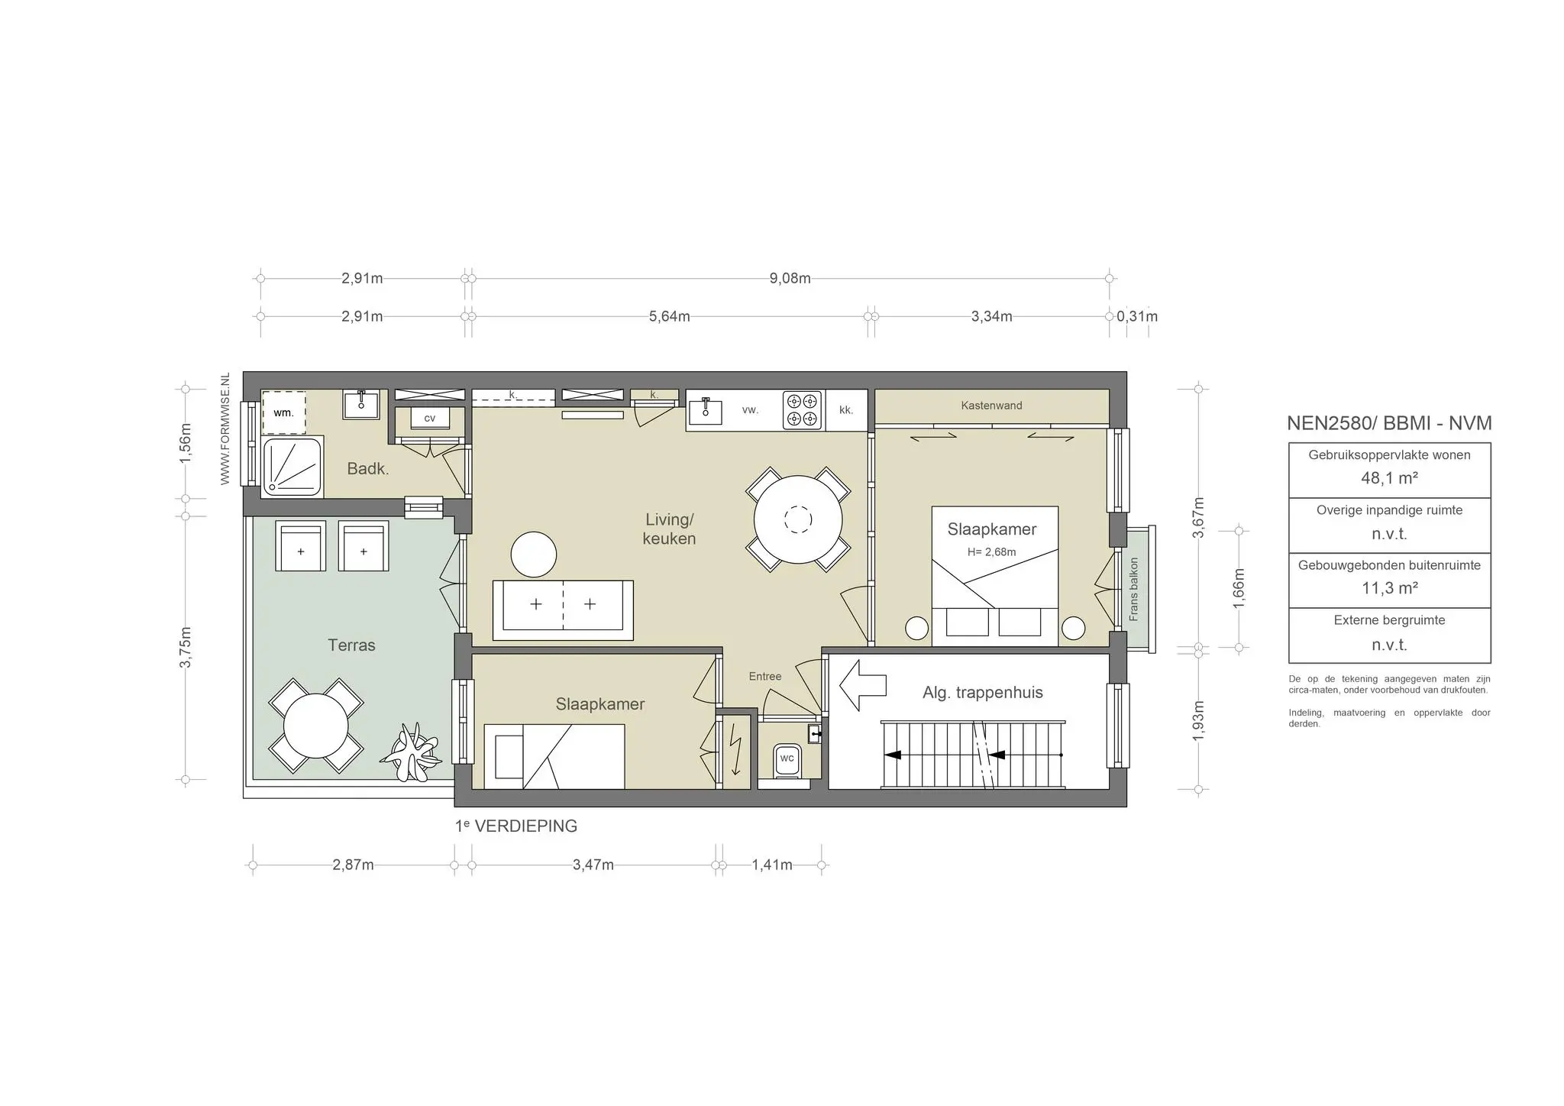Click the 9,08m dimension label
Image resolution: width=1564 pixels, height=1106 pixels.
point(790,278)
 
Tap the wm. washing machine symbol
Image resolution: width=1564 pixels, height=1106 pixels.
point(283,412)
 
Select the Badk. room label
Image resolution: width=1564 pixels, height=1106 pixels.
point(368,469)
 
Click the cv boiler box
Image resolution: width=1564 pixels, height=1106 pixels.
point(429,419)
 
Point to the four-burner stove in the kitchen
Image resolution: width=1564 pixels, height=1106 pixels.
point(802,410)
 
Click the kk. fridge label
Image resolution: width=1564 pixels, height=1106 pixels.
point(846,410)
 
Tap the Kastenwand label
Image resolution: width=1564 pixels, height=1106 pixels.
point(991,406)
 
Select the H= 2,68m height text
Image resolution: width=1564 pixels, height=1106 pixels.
point(991,552)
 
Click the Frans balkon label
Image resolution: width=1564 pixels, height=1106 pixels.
point(1134,589)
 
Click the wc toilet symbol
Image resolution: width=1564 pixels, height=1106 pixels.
point(787,759)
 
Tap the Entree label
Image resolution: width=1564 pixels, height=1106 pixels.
point(764,676)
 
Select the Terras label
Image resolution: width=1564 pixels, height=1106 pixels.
point(351,645)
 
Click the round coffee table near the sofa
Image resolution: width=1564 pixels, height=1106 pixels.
point(534,555)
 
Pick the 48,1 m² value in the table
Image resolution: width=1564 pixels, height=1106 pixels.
point(1389,478)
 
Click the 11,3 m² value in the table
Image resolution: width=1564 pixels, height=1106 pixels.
point(1389,588)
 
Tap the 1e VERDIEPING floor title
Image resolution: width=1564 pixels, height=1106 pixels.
point(516,826)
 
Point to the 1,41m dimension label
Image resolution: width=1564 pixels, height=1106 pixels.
point(771,865)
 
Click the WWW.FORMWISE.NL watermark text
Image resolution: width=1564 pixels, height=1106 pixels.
point(225,428)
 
